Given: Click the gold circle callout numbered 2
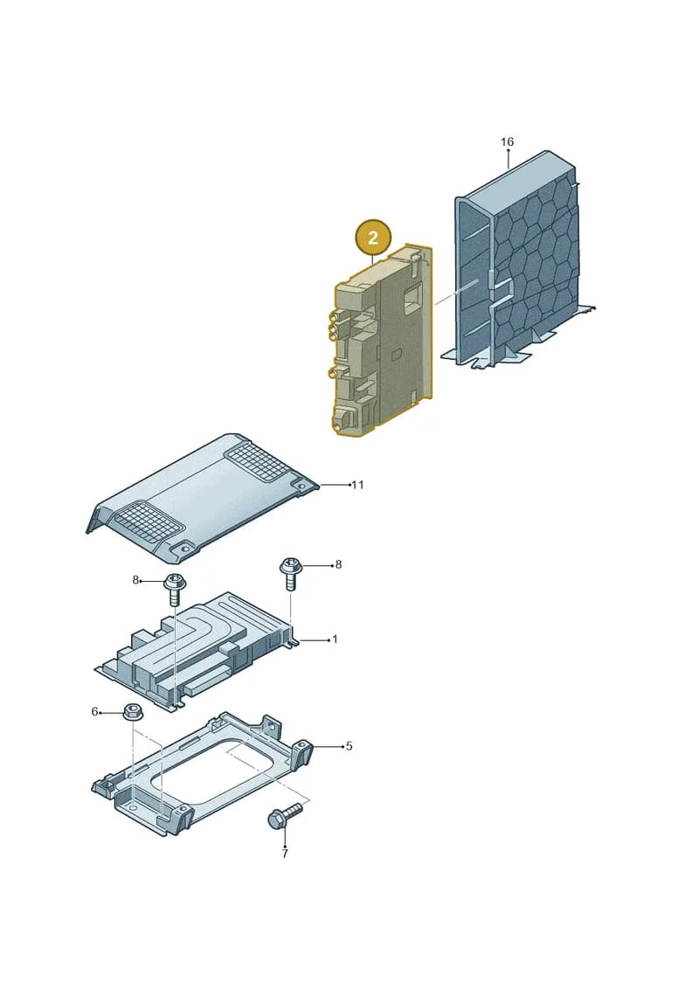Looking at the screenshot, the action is [x=373, y=238].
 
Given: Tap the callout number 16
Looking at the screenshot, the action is [x=507, y=142].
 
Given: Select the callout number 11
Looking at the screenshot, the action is [x=357, y=485].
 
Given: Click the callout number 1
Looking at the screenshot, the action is [x=335, y=639].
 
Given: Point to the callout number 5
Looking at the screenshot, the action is [x=349, y=746].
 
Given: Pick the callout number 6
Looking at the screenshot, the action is [x=94, y=711].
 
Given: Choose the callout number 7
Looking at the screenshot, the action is [x=285, y=853].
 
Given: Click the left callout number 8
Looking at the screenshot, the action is [x=135, y=580].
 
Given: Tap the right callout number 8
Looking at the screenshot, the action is [x=338, y=564].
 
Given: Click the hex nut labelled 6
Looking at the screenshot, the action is [x=133, y=712].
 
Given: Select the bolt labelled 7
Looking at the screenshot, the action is [x=284, y=816].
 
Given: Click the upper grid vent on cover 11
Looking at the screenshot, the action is [x=259, y=458].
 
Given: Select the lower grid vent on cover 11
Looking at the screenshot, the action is [x=146, y=522].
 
